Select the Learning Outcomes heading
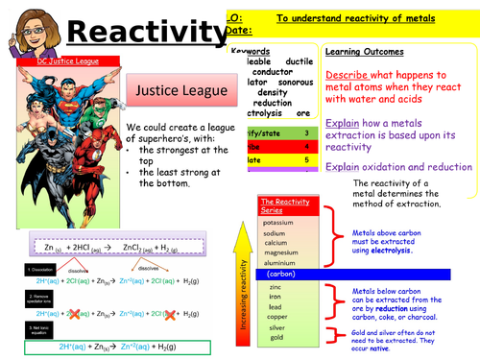coord(366,52)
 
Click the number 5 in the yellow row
coord(306,163)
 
